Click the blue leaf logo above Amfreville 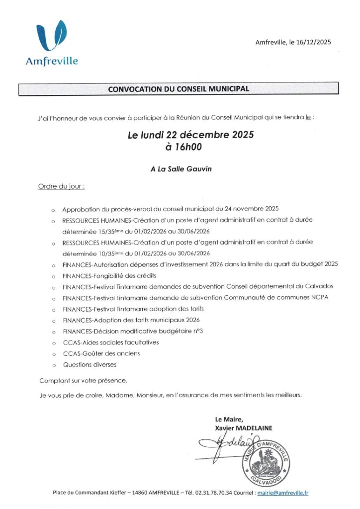click(52, 36)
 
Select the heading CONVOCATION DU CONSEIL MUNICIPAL click(179, 89)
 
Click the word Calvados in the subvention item click(317, 286)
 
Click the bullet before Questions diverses click(53, 365)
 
